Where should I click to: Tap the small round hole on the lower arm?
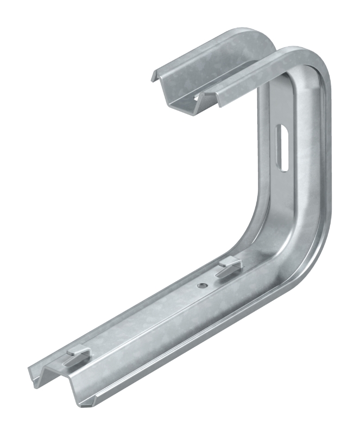pyautogui.click(x=201, y=284)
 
